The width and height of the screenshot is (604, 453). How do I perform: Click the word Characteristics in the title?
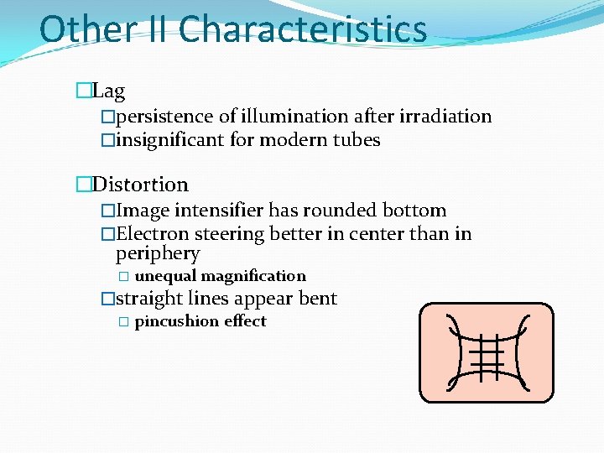[302, 29]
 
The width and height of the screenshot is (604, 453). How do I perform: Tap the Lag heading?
[108, 91]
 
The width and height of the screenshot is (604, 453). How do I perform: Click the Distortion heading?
[140, 184]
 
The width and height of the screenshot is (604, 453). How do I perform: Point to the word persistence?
[165, 117]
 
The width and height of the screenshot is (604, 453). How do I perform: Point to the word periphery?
[158, 254]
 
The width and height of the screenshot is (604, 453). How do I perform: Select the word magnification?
[253, 276]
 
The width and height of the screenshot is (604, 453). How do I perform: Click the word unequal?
[165, 276]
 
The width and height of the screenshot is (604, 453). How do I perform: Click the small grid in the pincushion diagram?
[487, 355]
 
